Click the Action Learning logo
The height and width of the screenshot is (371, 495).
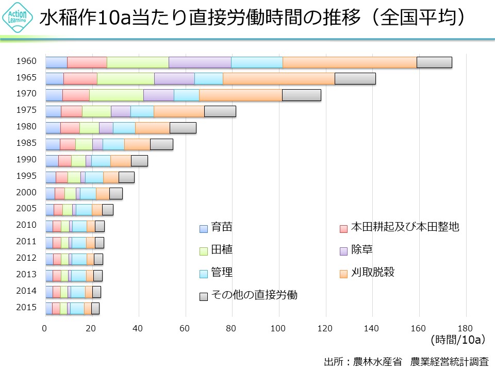pos(18,19)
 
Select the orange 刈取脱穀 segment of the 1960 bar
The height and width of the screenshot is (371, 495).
pos(350,62)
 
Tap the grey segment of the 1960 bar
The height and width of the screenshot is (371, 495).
pos(434,62)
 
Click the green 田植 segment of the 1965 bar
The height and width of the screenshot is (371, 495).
pos(126,78)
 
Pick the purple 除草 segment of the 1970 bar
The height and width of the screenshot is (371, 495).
pos(159,95)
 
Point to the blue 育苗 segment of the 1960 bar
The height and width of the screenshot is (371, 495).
pos(56,62)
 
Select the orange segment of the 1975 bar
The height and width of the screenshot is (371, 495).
pos(179,111)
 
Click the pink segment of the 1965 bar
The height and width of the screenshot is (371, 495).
pos(80,78)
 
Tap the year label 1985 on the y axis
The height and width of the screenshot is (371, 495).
pos(26,143)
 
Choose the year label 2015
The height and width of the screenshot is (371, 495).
pos(26,308)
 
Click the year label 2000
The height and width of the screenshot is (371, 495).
pos(26,192)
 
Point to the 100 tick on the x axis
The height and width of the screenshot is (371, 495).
pos(279,327)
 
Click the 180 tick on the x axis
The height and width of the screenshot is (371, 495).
pos(466,327)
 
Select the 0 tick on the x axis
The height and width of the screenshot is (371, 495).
pos(45,327)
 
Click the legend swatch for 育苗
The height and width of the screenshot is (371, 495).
pos(203,228)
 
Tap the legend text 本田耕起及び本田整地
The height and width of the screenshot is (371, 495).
pos(405,227)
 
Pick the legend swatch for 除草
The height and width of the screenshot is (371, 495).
pos(343,251)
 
